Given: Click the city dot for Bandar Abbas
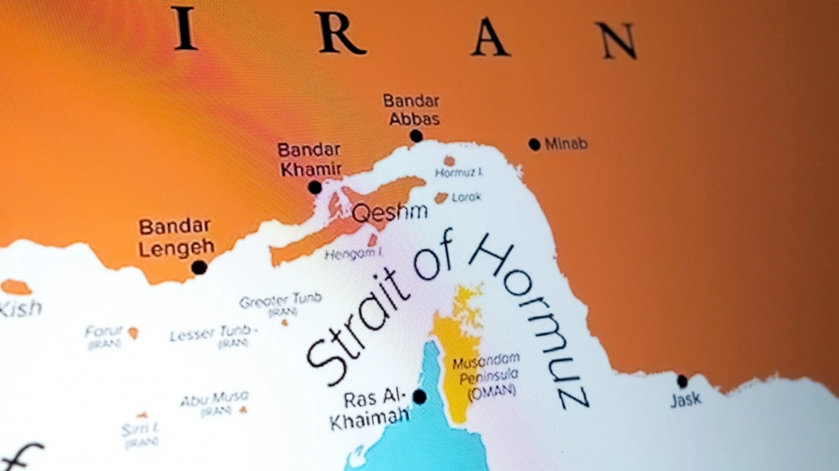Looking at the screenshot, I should [416, 136].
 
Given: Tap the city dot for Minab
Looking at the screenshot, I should [534, 144].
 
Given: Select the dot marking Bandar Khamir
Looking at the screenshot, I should [315, 187].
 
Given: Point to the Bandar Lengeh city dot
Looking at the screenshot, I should [199, 267].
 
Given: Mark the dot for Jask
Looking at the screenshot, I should [682, 382].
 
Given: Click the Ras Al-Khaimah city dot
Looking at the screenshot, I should [419, 397].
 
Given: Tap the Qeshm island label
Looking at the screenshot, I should [389, 211].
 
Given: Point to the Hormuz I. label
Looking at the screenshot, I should [460, 173].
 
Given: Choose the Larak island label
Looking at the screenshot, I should [467, 197].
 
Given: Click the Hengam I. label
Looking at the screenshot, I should [351, 253].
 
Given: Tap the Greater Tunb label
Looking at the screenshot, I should [280, 301].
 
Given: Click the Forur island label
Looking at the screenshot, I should [103, 331].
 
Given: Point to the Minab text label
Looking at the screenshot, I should [567, 144].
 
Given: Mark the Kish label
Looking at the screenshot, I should [19, 308].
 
